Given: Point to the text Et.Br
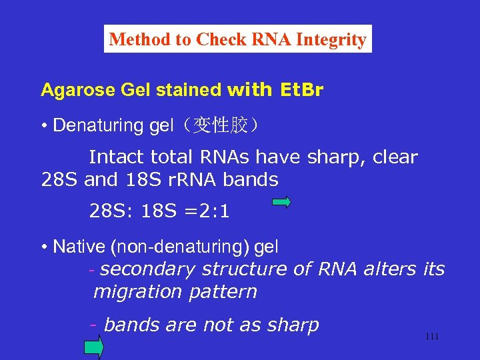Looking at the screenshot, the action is (298, 90).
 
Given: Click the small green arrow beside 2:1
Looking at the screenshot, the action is (282, 203).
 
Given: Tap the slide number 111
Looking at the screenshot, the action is (432, 336).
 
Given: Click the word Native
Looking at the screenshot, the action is (79, 247).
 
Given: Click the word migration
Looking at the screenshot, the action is (137, 292).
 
